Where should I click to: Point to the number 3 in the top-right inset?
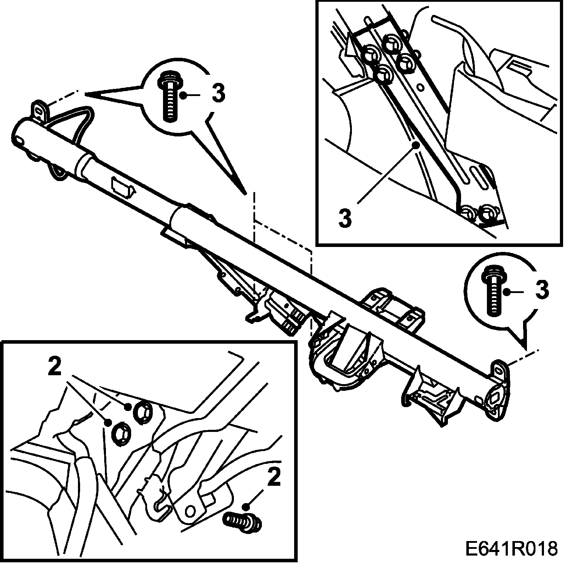click(345, 218)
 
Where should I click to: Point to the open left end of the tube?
click(19, 136)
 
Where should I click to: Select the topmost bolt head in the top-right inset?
click(392, 43)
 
